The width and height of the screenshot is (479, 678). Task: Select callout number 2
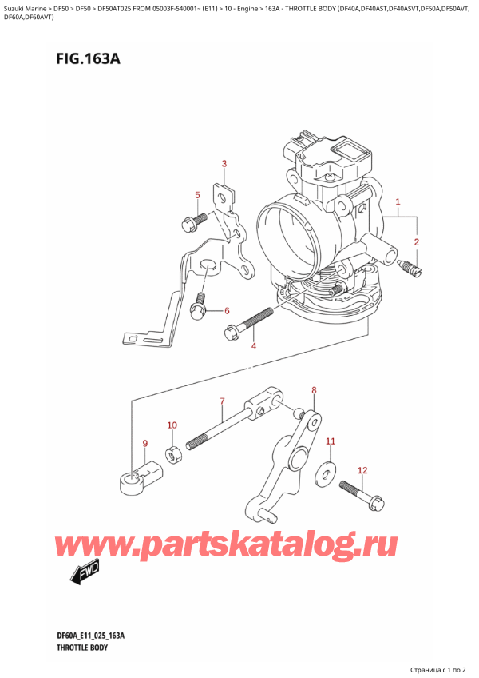coord(416,241)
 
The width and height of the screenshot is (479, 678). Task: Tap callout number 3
coord(224,165)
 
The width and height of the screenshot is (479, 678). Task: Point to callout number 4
coord(197,195)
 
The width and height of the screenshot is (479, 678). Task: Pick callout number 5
coord(226,311)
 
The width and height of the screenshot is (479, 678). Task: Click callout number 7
coord(314,390)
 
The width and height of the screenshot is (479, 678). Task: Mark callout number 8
coord(144,444)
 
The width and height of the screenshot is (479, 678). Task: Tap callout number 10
coord(331,441)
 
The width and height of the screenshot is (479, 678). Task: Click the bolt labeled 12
coord(361,494)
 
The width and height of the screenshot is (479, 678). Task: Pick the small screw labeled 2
coord(410,267)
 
